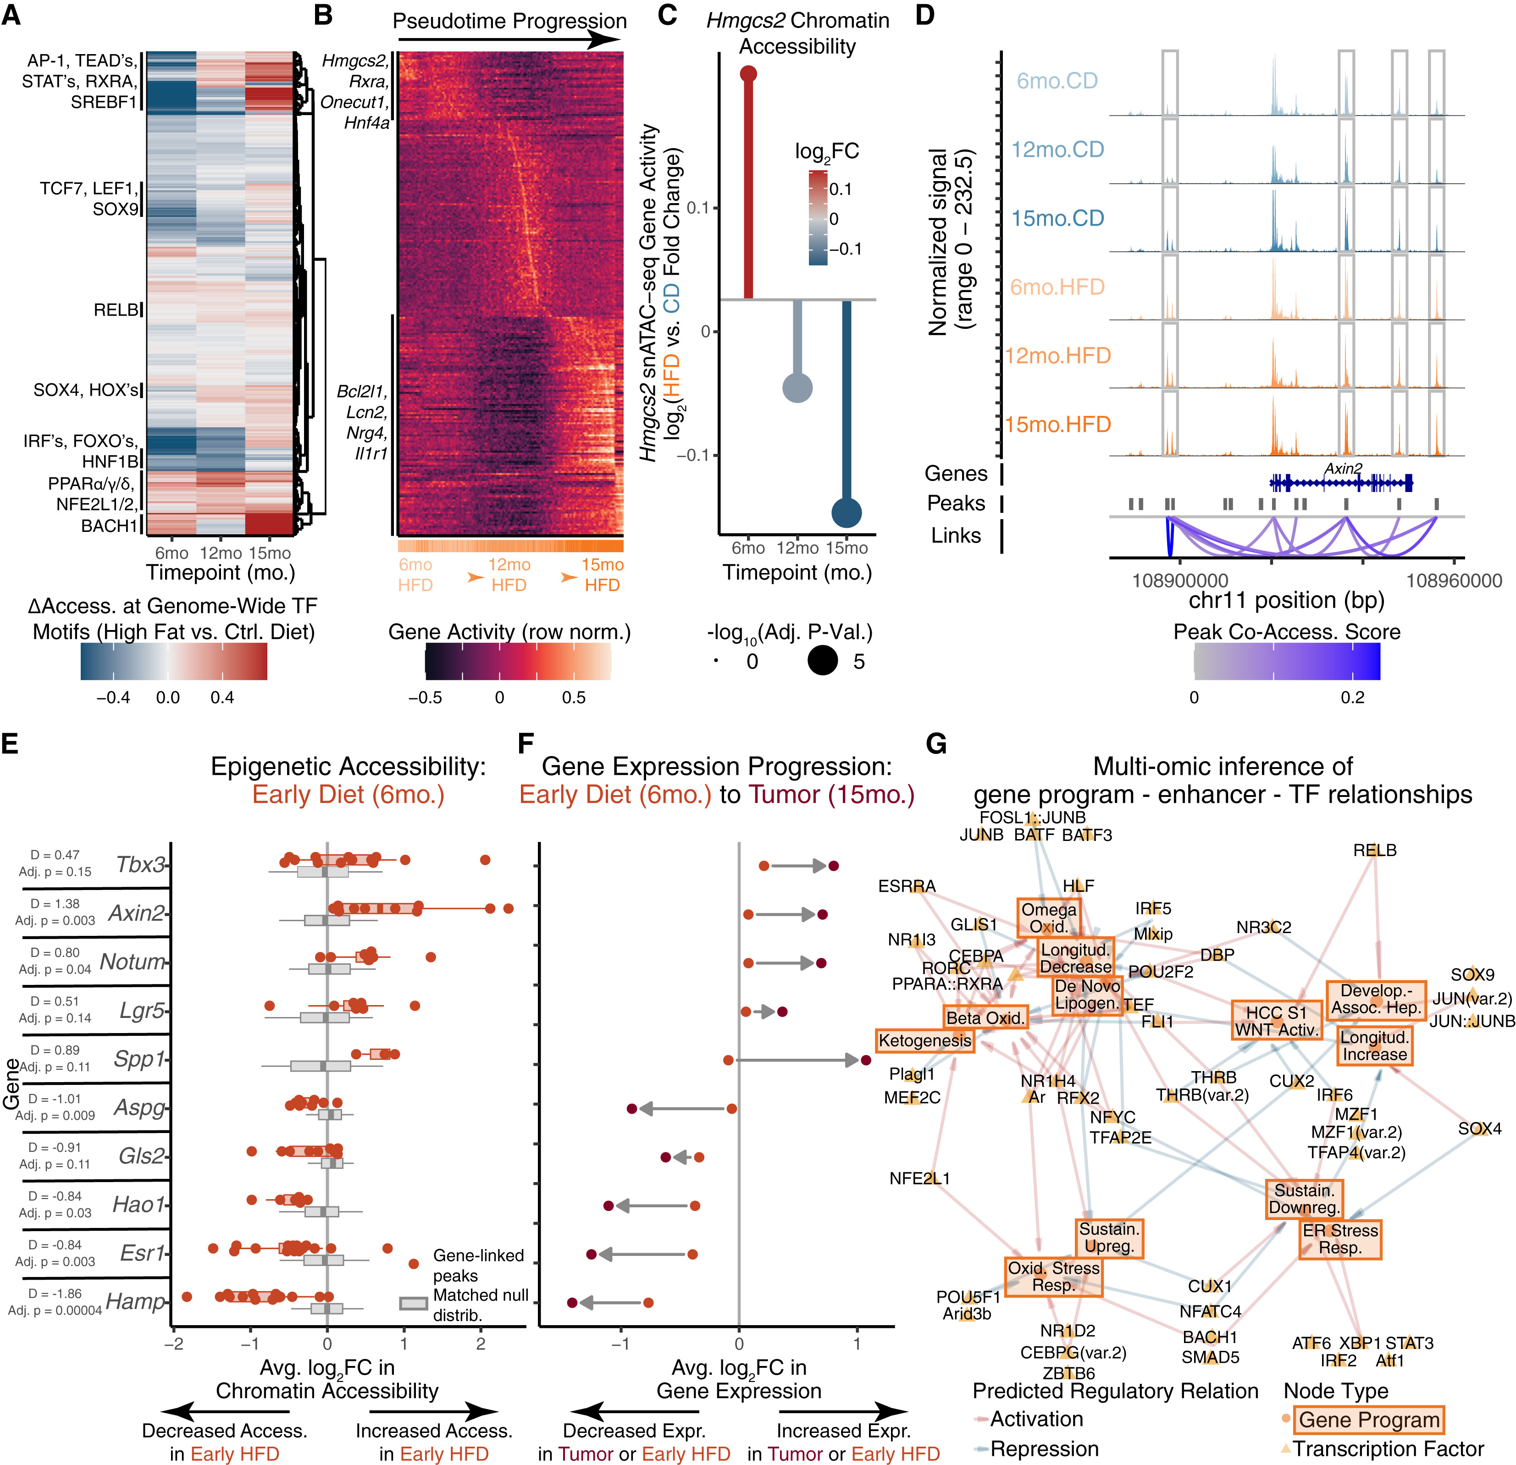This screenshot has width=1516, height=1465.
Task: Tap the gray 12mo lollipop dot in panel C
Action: [x=797, y=387]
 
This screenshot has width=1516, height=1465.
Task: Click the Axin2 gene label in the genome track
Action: [x=1343, y=469]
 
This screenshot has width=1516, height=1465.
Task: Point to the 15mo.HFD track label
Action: [x=1057, y=425]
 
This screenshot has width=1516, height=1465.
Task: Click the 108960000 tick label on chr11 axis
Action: [x=1453, y=581]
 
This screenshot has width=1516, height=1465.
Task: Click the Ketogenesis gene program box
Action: [x=924, y=1040]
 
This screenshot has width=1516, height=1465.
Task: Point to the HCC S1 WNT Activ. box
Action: [x=1276, y=1021]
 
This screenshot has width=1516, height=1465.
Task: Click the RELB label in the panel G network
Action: [x=1374, y=850]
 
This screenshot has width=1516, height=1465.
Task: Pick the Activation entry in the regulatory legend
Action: [x=1036, y=1419]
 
